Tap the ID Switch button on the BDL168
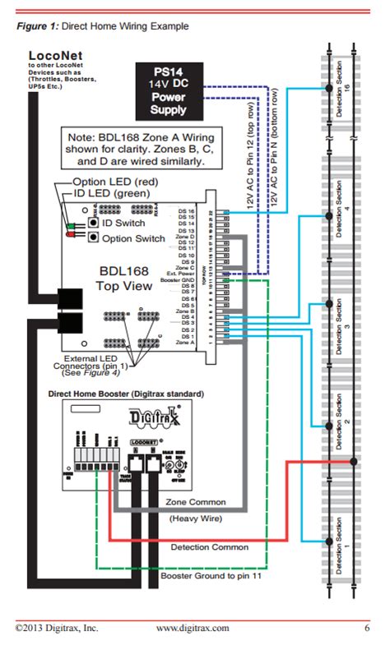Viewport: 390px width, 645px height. pos(95,223)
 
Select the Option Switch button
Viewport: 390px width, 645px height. pos(95,237)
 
